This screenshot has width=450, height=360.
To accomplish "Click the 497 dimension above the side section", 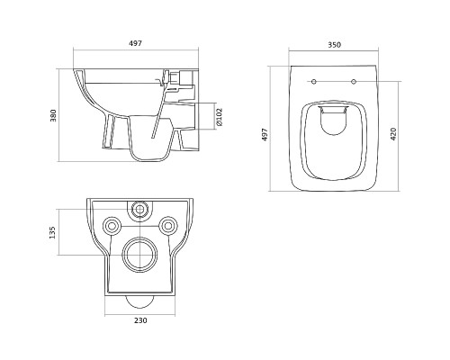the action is coord(135,43).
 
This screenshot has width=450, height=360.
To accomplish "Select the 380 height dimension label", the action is coord(53,115).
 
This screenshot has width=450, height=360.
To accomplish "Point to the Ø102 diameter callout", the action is coord(220,117).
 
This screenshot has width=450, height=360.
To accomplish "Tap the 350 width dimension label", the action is coord(334,45).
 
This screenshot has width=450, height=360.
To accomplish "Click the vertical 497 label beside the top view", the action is coord(265,135).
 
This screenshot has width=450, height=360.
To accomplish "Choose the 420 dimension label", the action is coord(393,134).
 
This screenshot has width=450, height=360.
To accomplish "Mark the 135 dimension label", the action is coord(52,232).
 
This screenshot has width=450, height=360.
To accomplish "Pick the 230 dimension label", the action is coord(140,320).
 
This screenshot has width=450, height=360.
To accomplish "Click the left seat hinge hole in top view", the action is coord(314,81).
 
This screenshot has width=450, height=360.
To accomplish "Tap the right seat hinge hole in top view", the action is coord(354,81).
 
